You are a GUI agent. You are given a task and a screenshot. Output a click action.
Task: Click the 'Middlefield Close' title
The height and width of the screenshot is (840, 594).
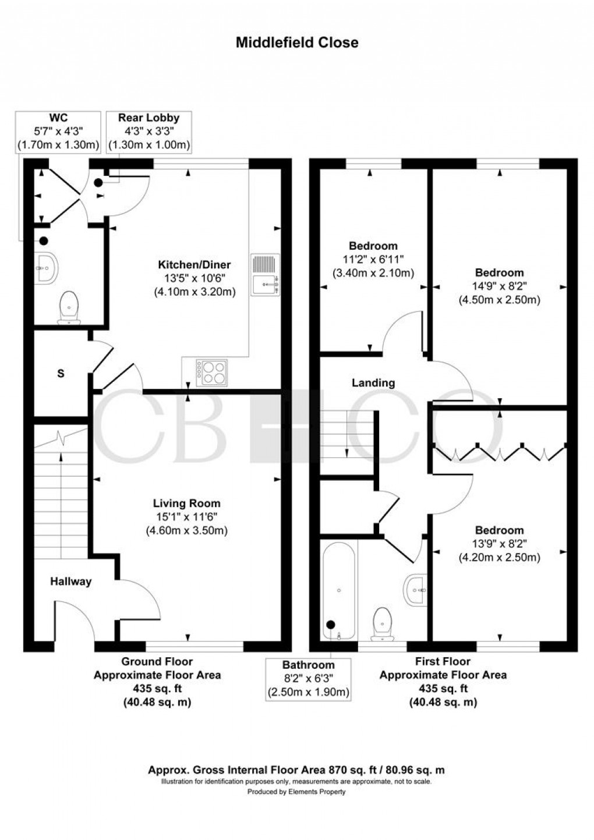pyautogui.click(x=296, y=42)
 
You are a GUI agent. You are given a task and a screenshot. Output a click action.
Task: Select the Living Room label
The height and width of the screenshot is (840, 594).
pyautogui.click(x=186, y=504)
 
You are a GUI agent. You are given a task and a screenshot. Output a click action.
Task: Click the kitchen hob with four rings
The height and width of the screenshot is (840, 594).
pyautogui.click(x=211, y=373)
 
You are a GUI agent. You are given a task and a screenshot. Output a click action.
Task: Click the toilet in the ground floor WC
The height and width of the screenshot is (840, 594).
pyautogui.click(x=69, y=307)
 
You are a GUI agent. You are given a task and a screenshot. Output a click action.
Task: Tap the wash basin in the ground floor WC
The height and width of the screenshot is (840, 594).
pyautogui.click(x=45, y=268)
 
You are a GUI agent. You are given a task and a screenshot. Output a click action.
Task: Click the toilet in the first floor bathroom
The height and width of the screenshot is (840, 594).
pyautogui.click(x=383, y=623)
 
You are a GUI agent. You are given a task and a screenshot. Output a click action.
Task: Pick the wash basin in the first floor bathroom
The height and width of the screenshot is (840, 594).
pyautogui.click(x=417, y=590)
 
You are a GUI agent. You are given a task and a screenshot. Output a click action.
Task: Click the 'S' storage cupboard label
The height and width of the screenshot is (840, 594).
pyautogui.click(x=61, y=374)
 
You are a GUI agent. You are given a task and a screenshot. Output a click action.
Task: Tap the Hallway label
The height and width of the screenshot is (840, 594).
pyautogui.click(x=70, y=582)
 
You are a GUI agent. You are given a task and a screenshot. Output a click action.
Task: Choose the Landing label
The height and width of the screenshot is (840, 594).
pyautogui.click(x=373, y=383)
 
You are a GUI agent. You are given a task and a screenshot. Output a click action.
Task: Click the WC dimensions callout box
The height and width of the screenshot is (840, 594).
pyautogui.click(x=58, y=132)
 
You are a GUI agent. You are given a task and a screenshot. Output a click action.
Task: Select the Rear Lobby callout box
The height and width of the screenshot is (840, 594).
pyautogui.click(x=148, y=132)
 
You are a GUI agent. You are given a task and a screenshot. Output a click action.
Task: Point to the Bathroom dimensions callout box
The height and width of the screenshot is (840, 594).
pyautogui.click(x=308, y=679)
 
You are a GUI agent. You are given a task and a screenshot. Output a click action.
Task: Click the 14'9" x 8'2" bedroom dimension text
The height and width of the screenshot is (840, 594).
pyautogui.click(x=499, y=286)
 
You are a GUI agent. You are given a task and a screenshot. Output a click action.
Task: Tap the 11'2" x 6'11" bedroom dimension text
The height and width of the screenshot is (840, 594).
pyautogui.click(x=373, y=259)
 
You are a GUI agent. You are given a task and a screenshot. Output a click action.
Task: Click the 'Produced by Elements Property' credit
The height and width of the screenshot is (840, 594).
pyautogui.click(x=296, y=792)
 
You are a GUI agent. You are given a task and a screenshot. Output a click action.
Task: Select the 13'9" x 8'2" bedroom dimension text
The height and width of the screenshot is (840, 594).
pyautogui.click(x=499, y=544)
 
